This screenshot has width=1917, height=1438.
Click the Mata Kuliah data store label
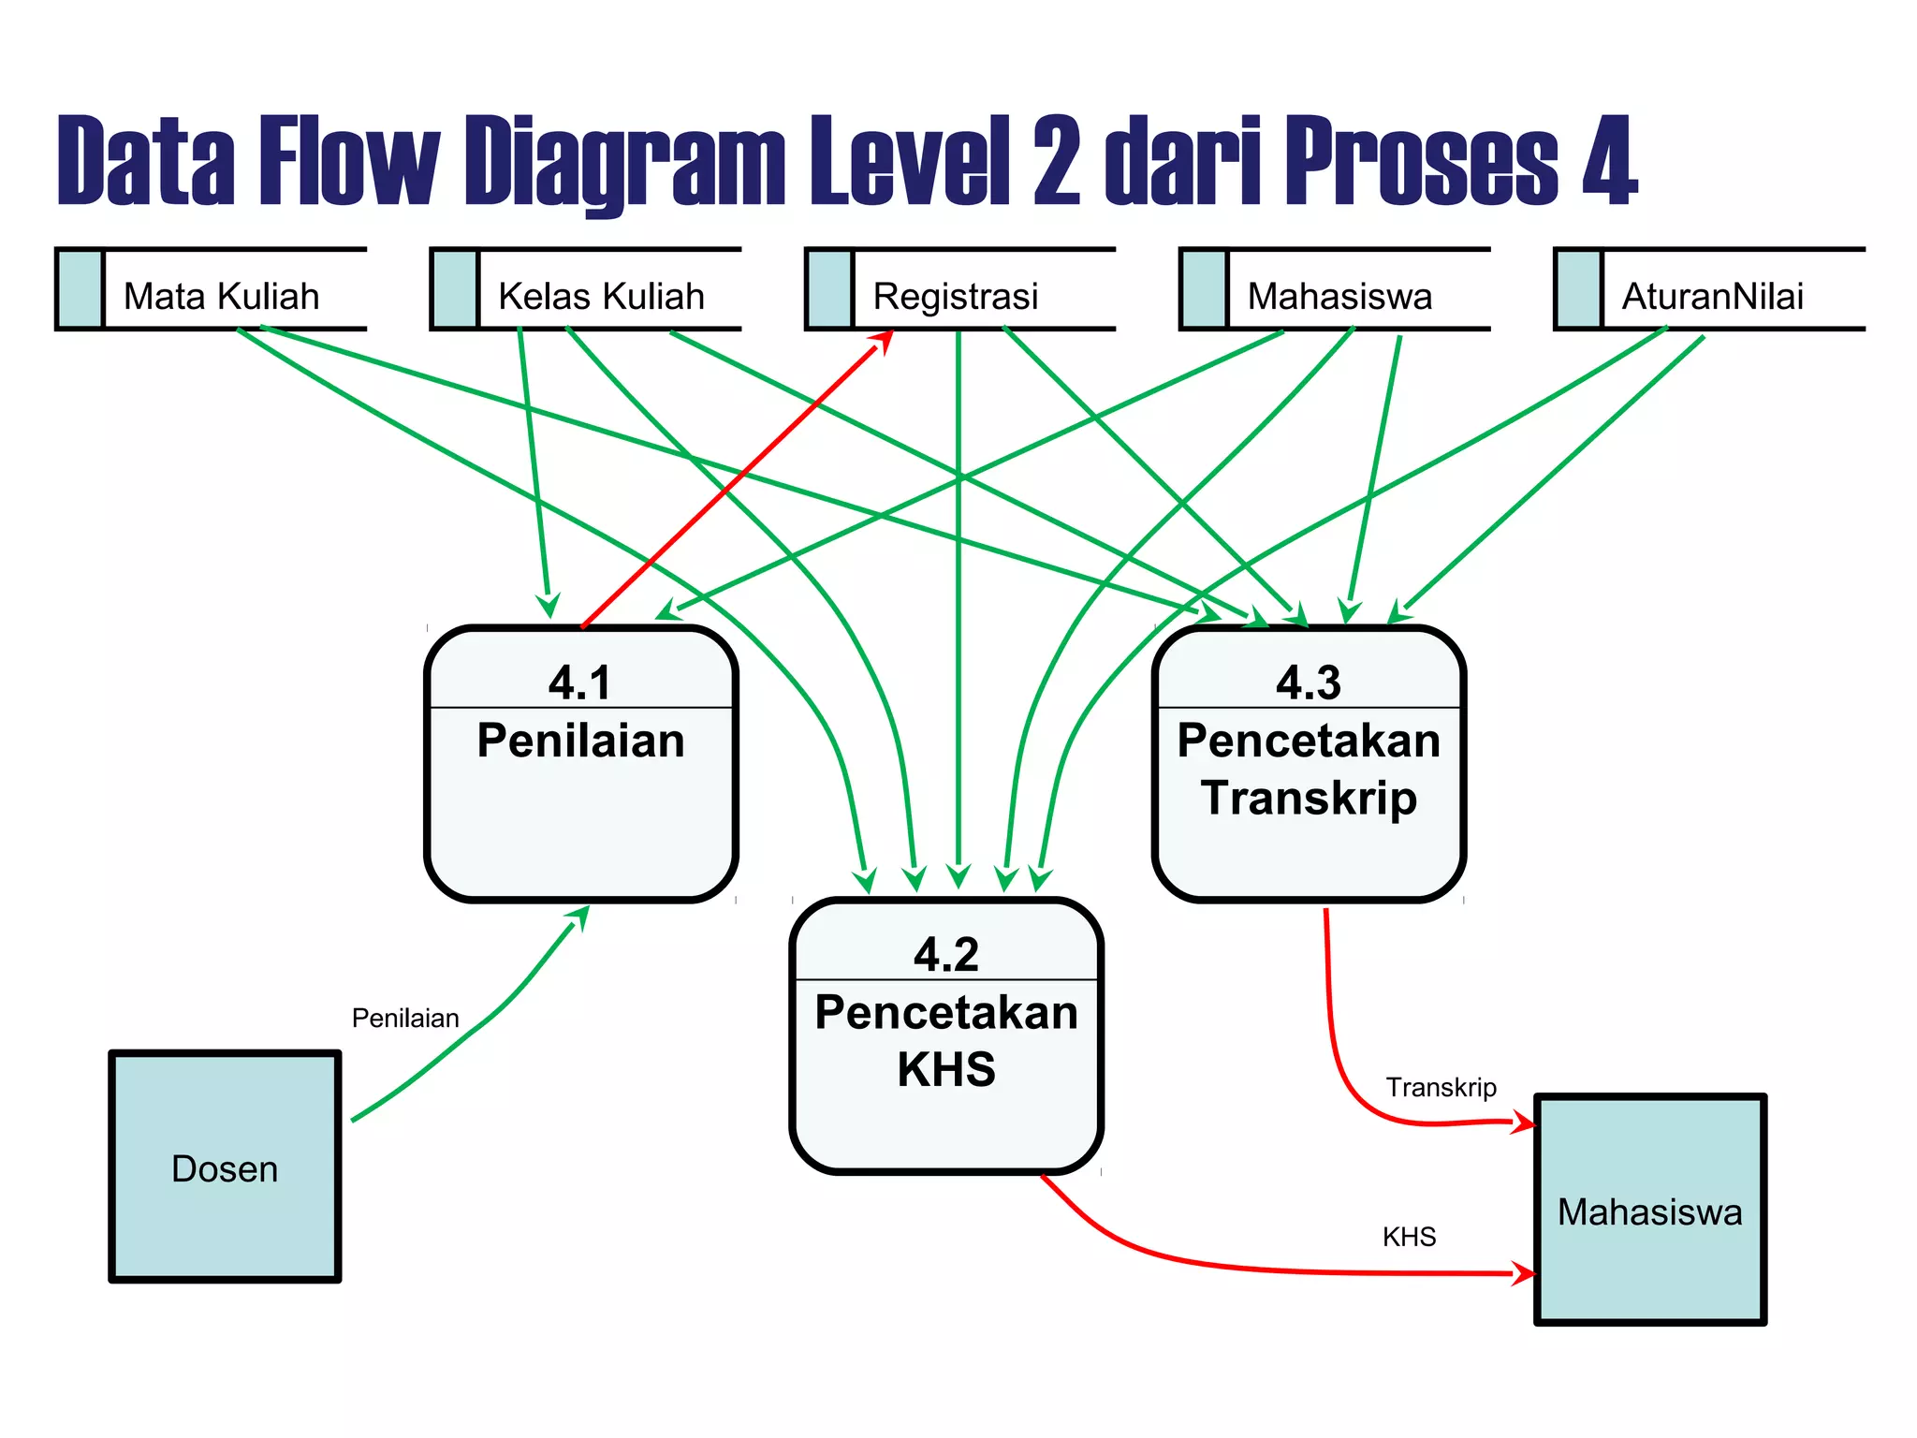click(x=221, y=296)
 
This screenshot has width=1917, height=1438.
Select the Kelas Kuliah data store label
click(x=600, y=296)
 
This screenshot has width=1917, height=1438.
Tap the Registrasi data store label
click(x=955, y=296)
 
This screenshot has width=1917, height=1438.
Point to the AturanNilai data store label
click(x=1712, y=296)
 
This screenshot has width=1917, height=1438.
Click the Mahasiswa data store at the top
click(x=1339, y=296)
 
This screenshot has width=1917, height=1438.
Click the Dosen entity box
click(x=225, y=1167)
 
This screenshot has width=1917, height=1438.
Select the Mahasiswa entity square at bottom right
click(x=1649, y=1210)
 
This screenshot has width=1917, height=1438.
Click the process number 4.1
click(x=579, y=682)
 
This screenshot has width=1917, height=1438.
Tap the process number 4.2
click(x=945, y=954)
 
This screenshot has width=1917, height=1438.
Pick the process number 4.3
click(x=1308, y=682)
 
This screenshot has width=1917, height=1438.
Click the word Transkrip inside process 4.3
click(x=1308, y=798)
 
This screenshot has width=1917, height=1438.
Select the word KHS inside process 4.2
click(x=945, y=1069)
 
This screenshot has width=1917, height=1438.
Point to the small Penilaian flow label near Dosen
click(x=405, y=1018)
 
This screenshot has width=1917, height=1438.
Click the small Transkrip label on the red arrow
click(x=1441, y=1087)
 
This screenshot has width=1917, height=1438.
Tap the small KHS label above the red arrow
click(x=1409, y=1237)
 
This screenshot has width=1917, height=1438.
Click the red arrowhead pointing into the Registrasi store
click(x=883, y=341)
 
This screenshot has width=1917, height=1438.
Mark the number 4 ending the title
click(x=1609, y=161)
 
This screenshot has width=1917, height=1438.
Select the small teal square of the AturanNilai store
click(x=1579, y=289)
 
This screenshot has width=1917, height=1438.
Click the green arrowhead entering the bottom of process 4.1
click(x=580, y=916)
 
